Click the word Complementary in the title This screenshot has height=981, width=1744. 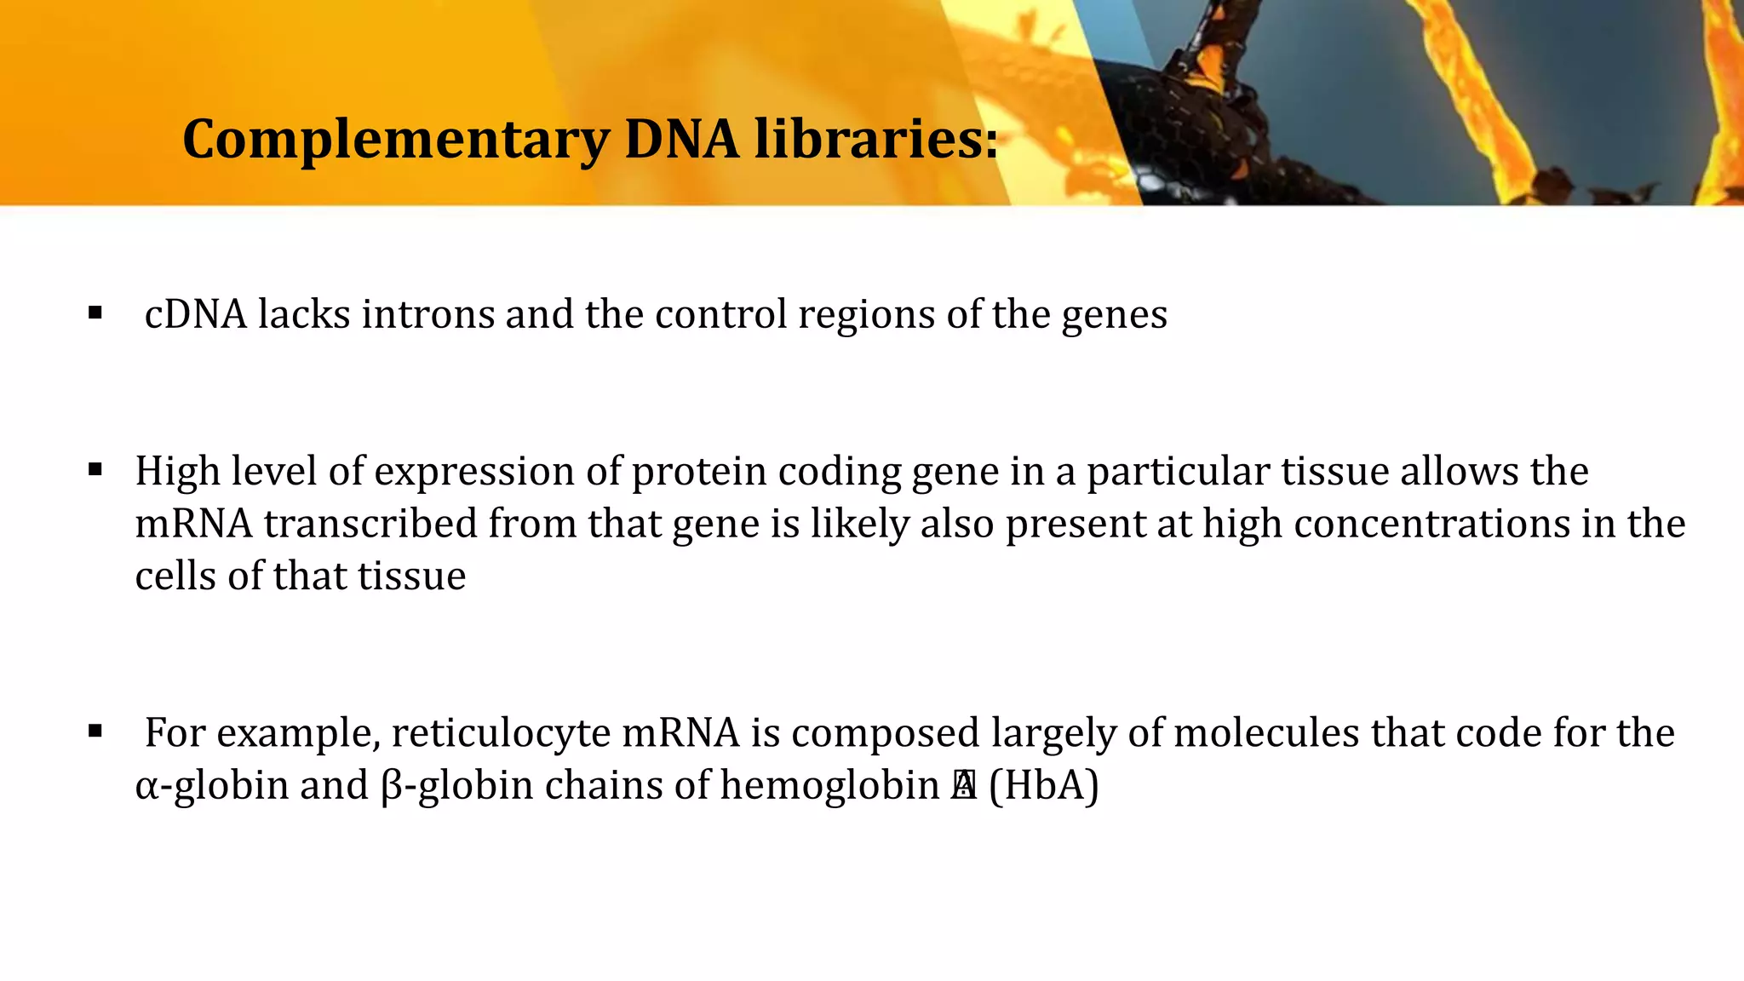[x=395, y=140]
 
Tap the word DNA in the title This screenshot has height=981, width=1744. [x=681, y=140]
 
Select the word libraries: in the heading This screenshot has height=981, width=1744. [x=876, y=140]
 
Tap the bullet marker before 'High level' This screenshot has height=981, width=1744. [x=95, y=470]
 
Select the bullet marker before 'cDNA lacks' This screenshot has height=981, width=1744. [x=95, y=313]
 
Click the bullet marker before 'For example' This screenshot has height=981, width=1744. [x=95, y=731]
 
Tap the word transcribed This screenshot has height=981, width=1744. [x=370, y=524]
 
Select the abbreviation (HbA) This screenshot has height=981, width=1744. [x=1043, y=785]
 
